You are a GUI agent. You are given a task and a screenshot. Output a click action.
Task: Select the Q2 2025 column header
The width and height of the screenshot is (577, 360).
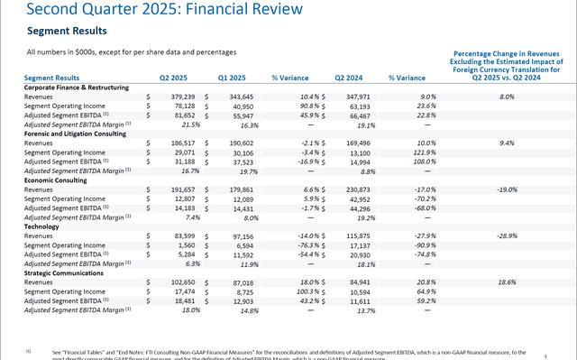pos(175,78)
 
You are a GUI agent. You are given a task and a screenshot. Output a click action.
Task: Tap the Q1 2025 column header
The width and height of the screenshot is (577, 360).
pos(234,78)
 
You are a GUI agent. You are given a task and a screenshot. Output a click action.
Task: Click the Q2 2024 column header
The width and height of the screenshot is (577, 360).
pos(352,78)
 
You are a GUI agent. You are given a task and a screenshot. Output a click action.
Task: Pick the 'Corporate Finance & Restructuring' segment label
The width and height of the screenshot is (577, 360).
pos(81,87)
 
